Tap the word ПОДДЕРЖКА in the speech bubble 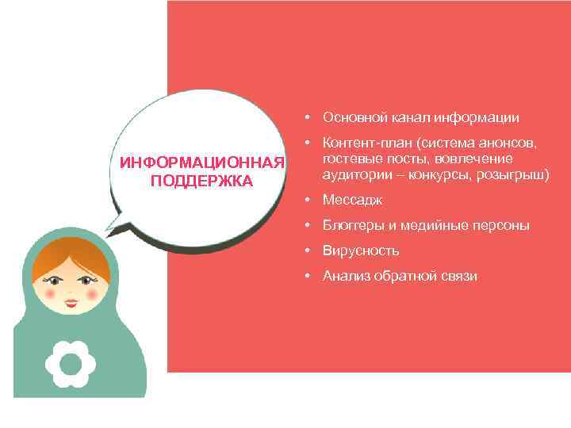pos(201,181)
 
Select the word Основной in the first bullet pos(350,118)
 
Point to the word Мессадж pos(352,201)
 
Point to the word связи pos(459,276)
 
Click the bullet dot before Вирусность pos(305,251)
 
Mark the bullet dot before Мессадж pos(305,201)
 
